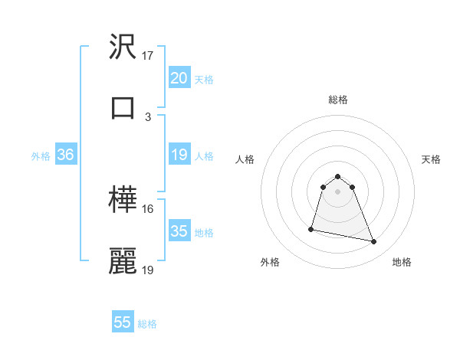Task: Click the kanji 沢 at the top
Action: click(x=123, y=48)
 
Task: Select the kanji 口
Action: click(x=123, y=106)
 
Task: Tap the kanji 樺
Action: click(x=123, y=201)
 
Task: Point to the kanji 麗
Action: click(x=123, y=260)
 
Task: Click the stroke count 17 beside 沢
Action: click(x=148, y=56)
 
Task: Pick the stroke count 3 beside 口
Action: click(x=148, y=116)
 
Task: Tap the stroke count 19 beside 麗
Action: click(x=148, y=270)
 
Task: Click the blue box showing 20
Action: click(x=179, y=78)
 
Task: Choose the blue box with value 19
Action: click(x=179, y=155)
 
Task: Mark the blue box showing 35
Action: click(x=179, y=231)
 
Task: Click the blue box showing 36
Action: click(x=65, y=155)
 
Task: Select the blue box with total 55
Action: click(x=123, y=322)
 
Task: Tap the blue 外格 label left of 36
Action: click(x=41, y=156)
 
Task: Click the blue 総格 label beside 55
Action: click(x=147, y=324)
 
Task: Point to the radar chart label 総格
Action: click(x=337, y=100)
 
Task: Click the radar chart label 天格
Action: click(x=431, y=159)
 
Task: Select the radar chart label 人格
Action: click(x=246, y=159)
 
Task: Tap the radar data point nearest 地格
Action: click(x=374, y=242)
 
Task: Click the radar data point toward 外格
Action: click(x=311, y=228)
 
